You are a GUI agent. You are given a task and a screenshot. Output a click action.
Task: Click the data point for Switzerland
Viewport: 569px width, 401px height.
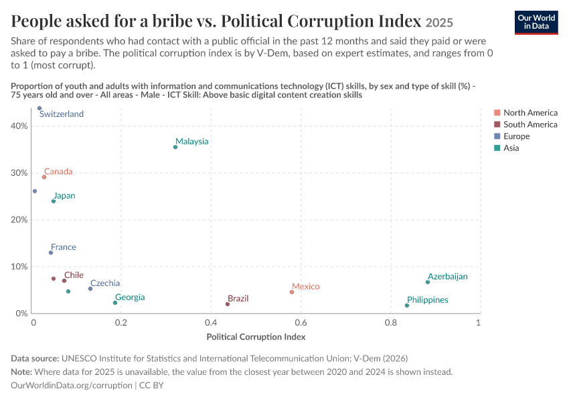coord(39,108)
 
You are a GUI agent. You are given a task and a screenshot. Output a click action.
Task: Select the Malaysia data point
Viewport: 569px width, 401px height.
coord(175,147)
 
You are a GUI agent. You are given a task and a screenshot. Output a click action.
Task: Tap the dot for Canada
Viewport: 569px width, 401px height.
coord(44,177)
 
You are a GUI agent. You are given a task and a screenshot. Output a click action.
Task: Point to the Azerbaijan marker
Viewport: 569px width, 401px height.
coord(428,282)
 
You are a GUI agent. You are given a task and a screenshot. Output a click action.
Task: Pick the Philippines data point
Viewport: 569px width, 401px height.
coord(407,305)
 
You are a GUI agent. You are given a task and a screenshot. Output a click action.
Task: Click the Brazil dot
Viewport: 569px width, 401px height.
coord(228,304)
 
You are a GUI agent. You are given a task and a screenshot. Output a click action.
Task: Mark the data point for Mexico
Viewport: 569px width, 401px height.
coord(292,292)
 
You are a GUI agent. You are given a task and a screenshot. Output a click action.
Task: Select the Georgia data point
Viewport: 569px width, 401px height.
coord(115,303)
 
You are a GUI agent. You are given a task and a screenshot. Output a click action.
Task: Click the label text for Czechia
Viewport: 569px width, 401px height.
coord(105,283)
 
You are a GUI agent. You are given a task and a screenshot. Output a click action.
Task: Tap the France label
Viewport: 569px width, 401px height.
coord(64,247)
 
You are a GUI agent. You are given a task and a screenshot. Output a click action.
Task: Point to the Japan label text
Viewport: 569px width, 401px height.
coord(64,196)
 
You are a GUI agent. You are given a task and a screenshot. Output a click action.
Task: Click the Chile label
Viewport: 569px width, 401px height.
coord(74,275)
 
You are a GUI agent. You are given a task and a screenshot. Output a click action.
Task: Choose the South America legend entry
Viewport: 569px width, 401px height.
coord(525,124)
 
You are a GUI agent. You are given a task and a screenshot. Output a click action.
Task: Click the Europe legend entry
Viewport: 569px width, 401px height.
coord(512,136)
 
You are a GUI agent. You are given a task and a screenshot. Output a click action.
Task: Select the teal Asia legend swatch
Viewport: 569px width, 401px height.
coord(497,148)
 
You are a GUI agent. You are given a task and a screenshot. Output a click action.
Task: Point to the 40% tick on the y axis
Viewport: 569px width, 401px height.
coord(19,126)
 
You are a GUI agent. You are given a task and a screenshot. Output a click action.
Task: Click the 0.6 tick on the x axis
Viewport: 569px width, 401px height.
coord(301,322)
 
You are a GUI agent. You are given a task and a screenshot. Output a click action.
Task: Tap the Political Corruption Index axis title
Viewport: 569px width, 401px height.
coord(256,337)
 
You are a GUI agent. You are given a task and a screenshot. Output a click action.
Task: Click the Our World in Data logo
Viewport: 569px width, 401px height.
coord(536,23)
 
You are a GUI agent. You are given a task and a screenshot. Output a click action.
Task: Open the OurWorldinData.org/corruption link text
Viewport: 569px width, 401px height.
coord(72,385)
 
